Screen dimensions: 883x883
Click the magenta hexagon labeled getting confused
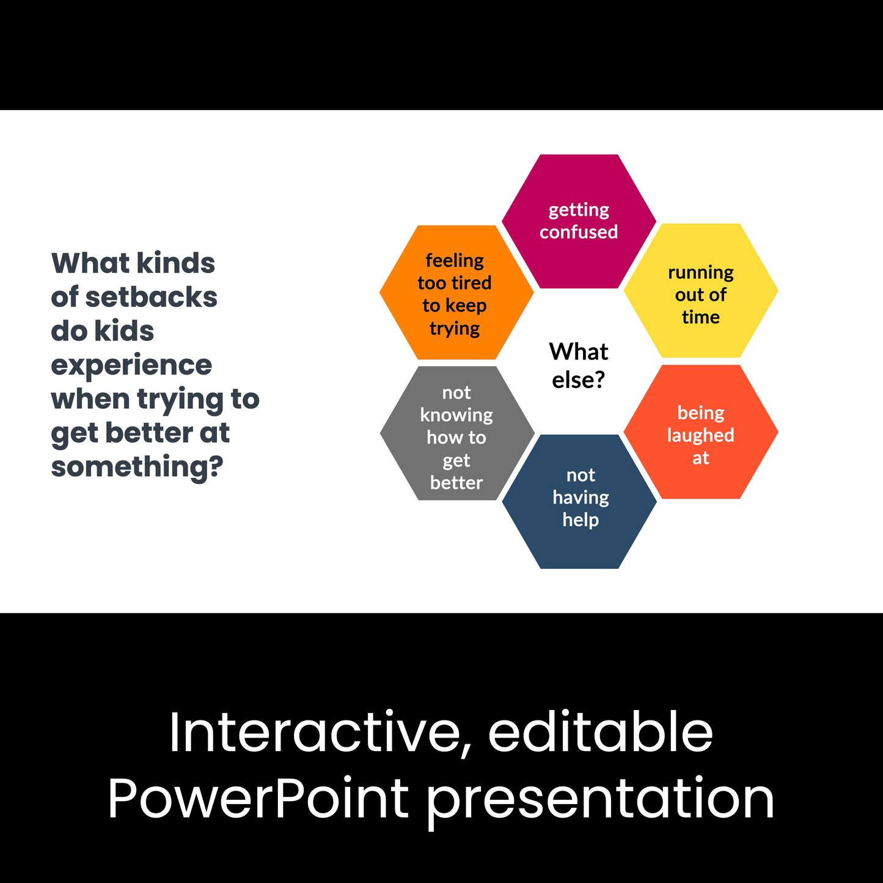(x=579, y=221)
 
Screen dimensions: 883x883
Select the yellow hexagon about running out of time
(x=701, y=290)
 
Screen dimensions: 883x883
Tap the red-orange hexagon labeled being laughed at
(x=701, y=431)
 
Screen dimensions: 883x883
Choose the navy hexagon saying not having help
(x=579, y=501)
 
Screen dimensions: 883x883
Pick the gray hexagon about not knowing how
(x=457, y=433)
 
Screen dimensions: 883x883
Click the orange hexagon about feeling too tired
(x=456, y=292)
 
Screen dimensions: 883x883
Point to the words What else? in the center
(x=579, y=365)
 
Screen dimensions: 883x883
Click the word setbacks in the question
(x=151, y=297)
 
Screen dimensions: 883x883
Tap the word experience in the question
(x=131, y=365)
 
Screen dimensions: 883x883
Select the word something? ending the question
(x=137, y=467)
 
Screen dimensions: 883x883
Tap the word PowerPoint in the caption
(x=258, y=798)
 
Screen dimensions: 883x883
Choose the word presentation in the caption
(x=600, y=802)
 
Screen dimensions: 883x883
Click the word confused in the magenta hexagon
(x=579, y=232)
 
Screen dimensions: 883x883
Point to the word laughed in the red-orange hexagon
(x=701, y=436)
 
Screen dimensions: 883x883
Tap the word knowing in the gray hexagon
(x=456, y=416)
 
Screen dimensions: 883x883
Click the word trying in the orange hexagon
(x=455, y=329)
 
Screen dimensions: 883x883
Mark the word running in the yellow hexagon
(x=701, y=273)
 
